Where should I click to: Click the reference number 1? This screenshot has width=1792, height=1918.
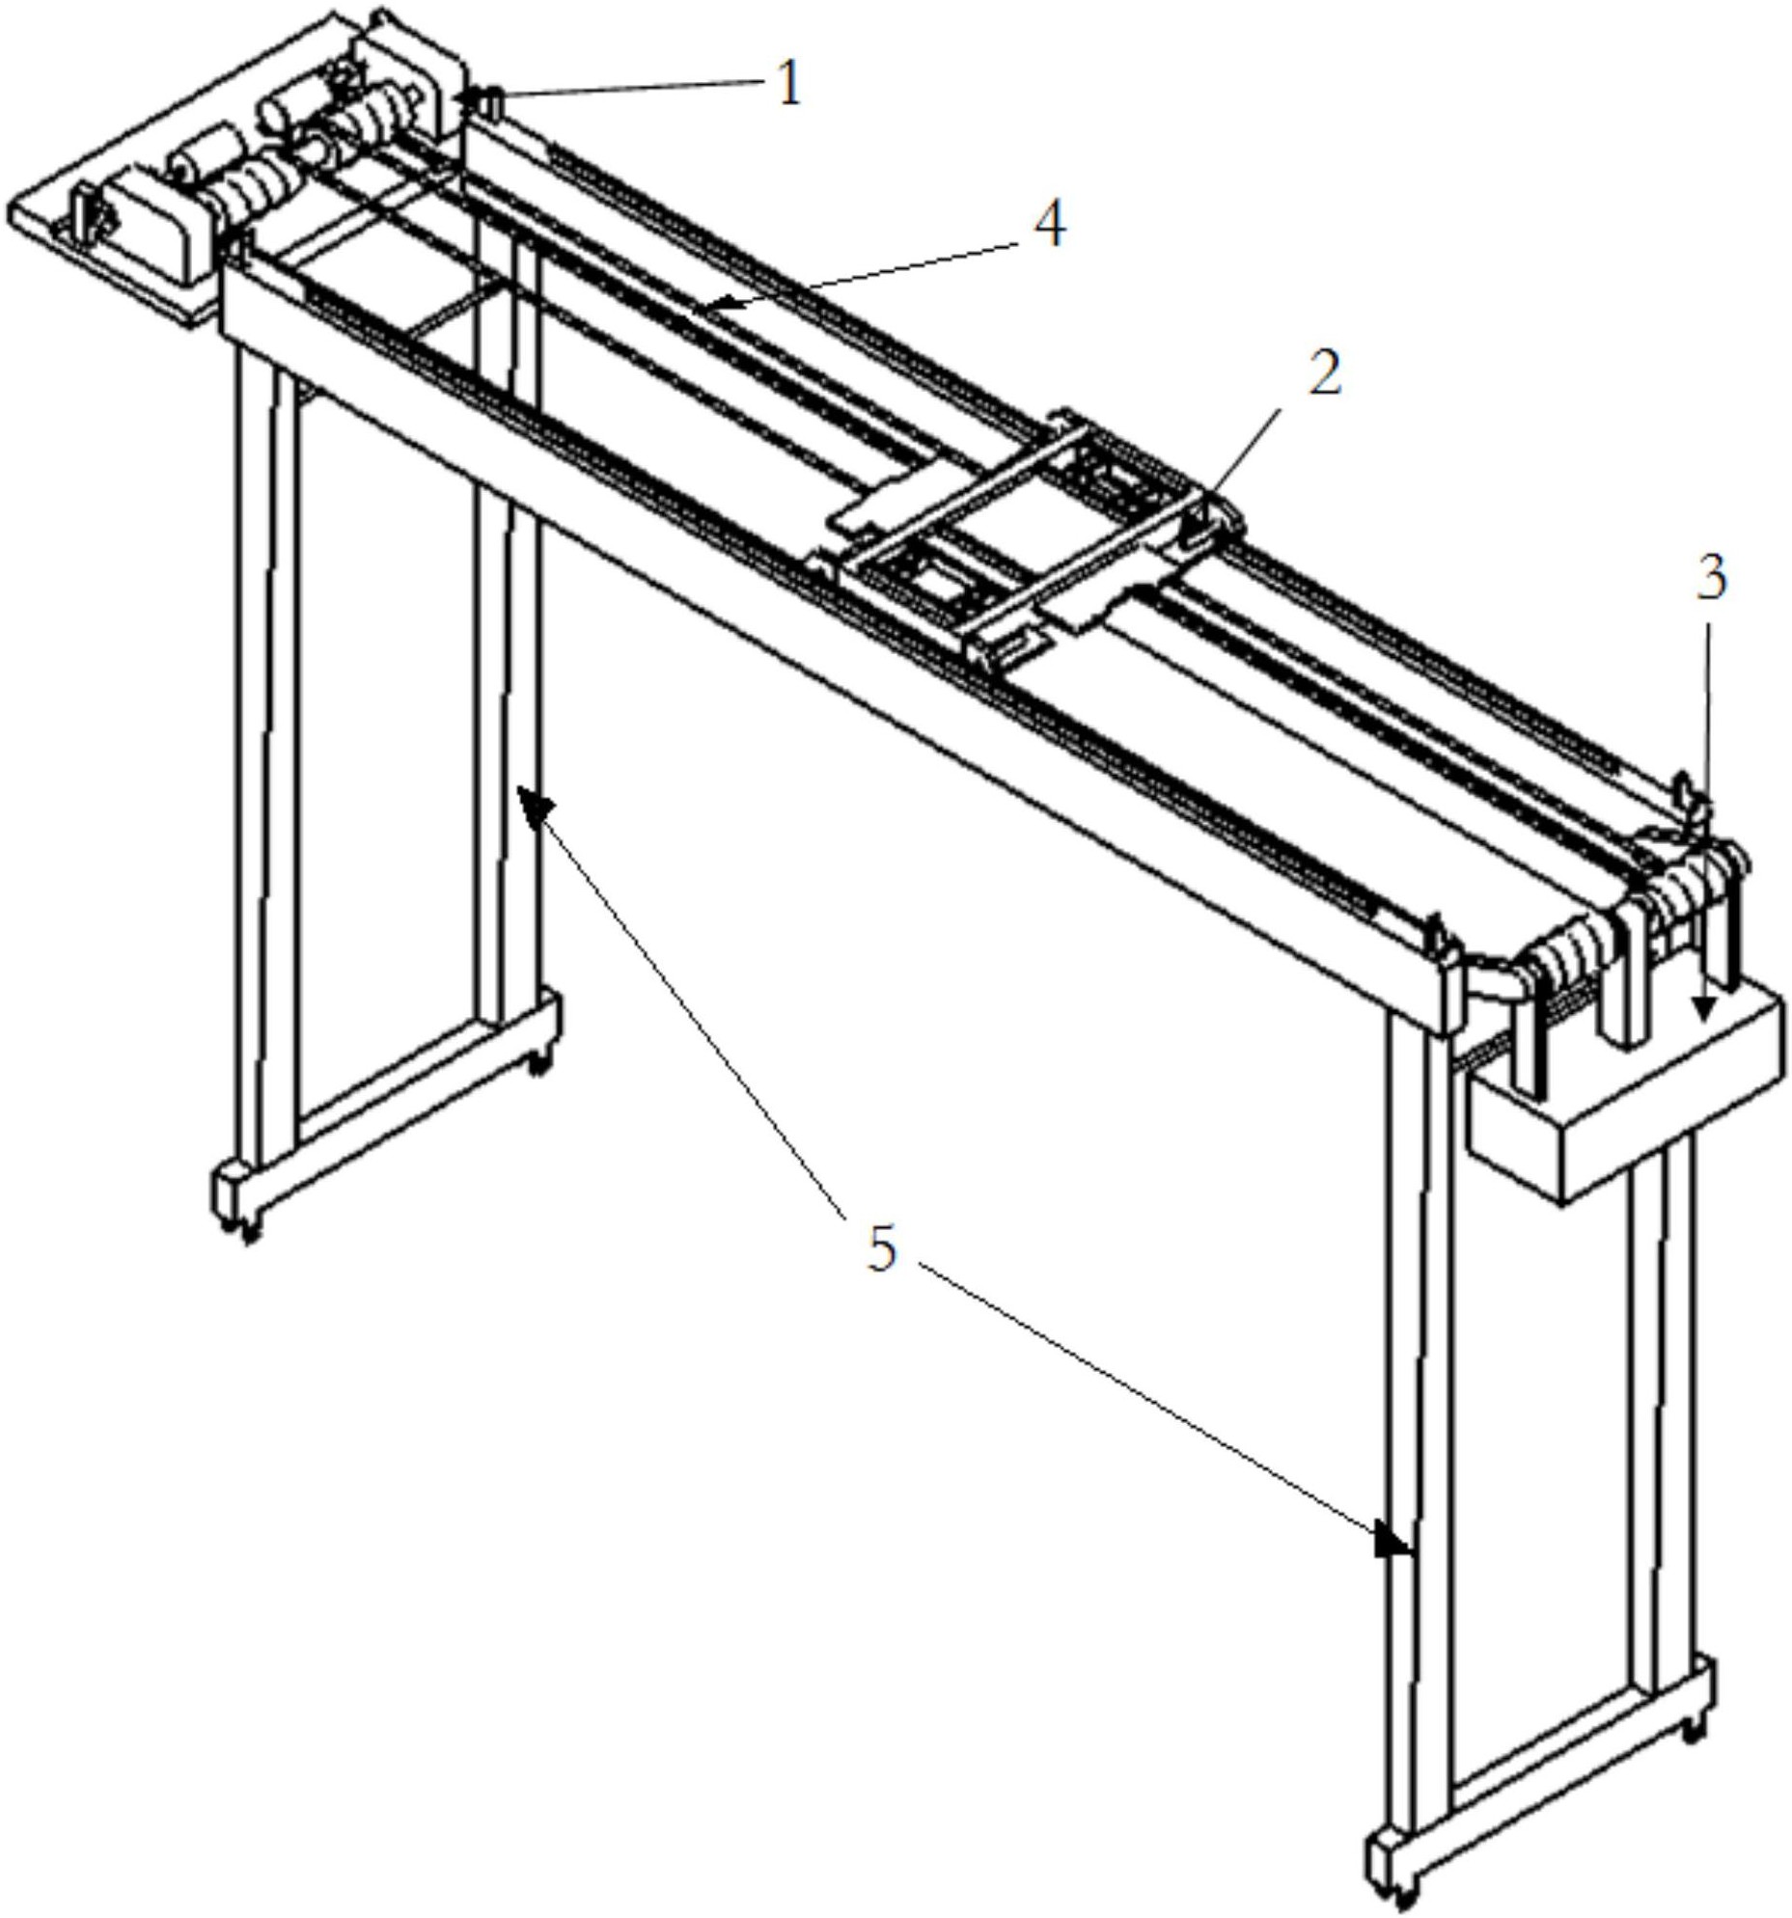[789, 85]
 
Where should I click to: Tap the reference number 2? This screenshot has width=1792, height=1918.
[1324, 373]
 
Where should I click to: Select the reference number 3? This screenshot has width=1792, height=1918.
[1710, 579]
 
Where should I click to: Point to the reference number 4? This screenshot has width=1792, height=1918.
[1049, 225]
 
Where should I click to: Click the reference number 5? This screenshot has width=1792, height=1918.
[882, 1250]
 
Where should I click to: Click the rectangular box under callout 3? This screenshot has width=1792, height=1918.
[1625, 1091]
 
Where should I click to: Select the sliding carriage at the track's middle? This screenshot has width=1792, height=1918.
[1033, 535]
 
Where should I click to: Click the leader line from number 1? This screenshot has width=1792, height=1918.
[627, 91]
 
